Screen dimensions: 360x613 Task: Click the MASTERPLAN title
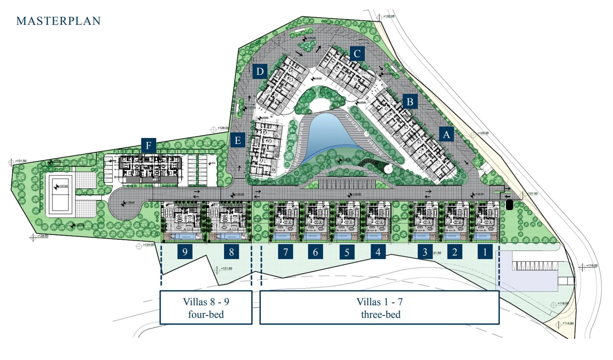coord(58,21)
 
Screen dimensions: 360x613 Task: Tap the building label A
coord(446,134)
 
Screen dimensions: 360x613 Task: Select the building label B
coord(410,101)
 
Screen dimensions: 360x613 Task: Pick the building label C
coord(357,53)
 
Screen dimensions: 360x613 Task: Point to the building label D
coord(260,71)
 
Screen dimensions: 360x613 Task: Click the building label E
coord(238,140)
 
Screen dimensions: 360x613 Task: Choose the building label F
coord(148,146)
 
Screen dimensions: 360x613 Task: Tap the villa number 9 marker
coord(185,252)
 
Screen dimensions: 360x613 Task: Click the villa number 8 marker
coord(231,252)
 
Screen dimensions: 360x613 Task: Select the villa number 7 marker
coord(285,252)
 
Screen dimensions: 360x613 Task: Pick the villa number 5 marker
coord(347,252)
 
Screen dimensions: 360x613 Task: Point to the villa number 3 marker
coord(425,252)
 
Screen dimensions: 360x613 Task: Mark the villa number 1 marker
coord(485,252)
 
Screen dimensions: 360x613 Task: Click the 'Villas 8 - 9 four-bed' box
coord(206,308)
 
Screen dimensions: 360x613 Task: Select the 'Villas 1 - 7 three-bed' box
coord(380,308)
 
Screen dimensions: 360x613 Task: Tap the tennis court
coord(60,195)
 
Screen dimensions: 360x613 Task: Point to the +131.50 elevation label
coord(21,161)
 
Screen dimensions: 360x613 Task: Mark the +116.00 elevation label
coord(592,266)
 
